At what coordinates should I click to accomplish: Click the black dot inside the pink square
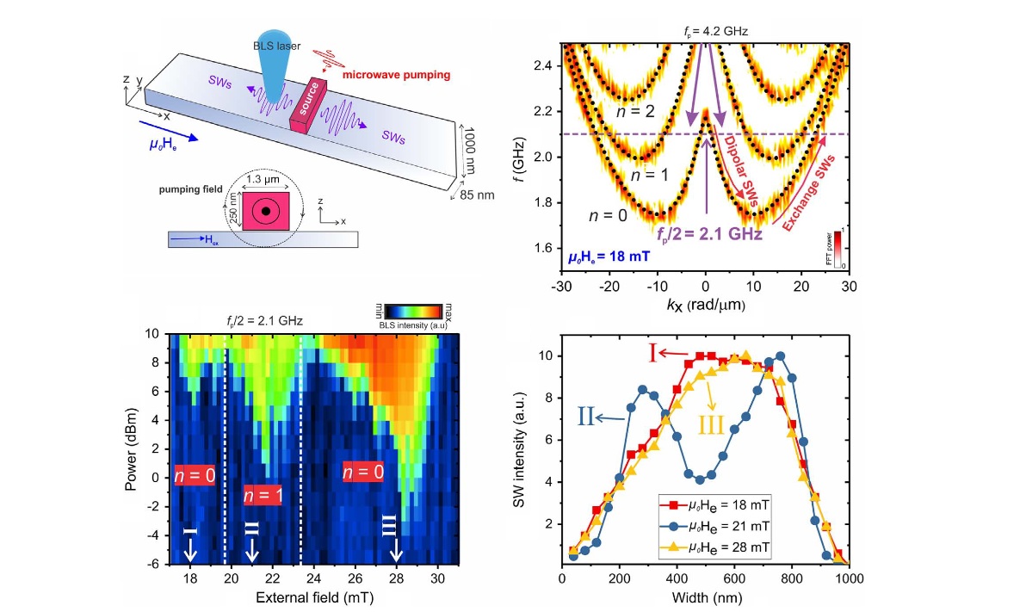(266, 211)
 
